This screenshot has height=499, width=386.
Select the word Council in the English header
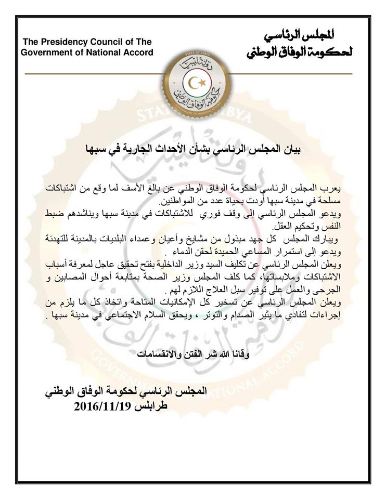pyautogui.click(x=107, y=42)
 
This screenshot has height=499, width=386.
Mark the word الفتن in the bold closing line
pyautogui.click(x=182, y=355)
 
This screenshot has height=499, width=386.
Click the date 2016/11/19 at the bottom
pyautogui.click(x=108, y=408)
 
